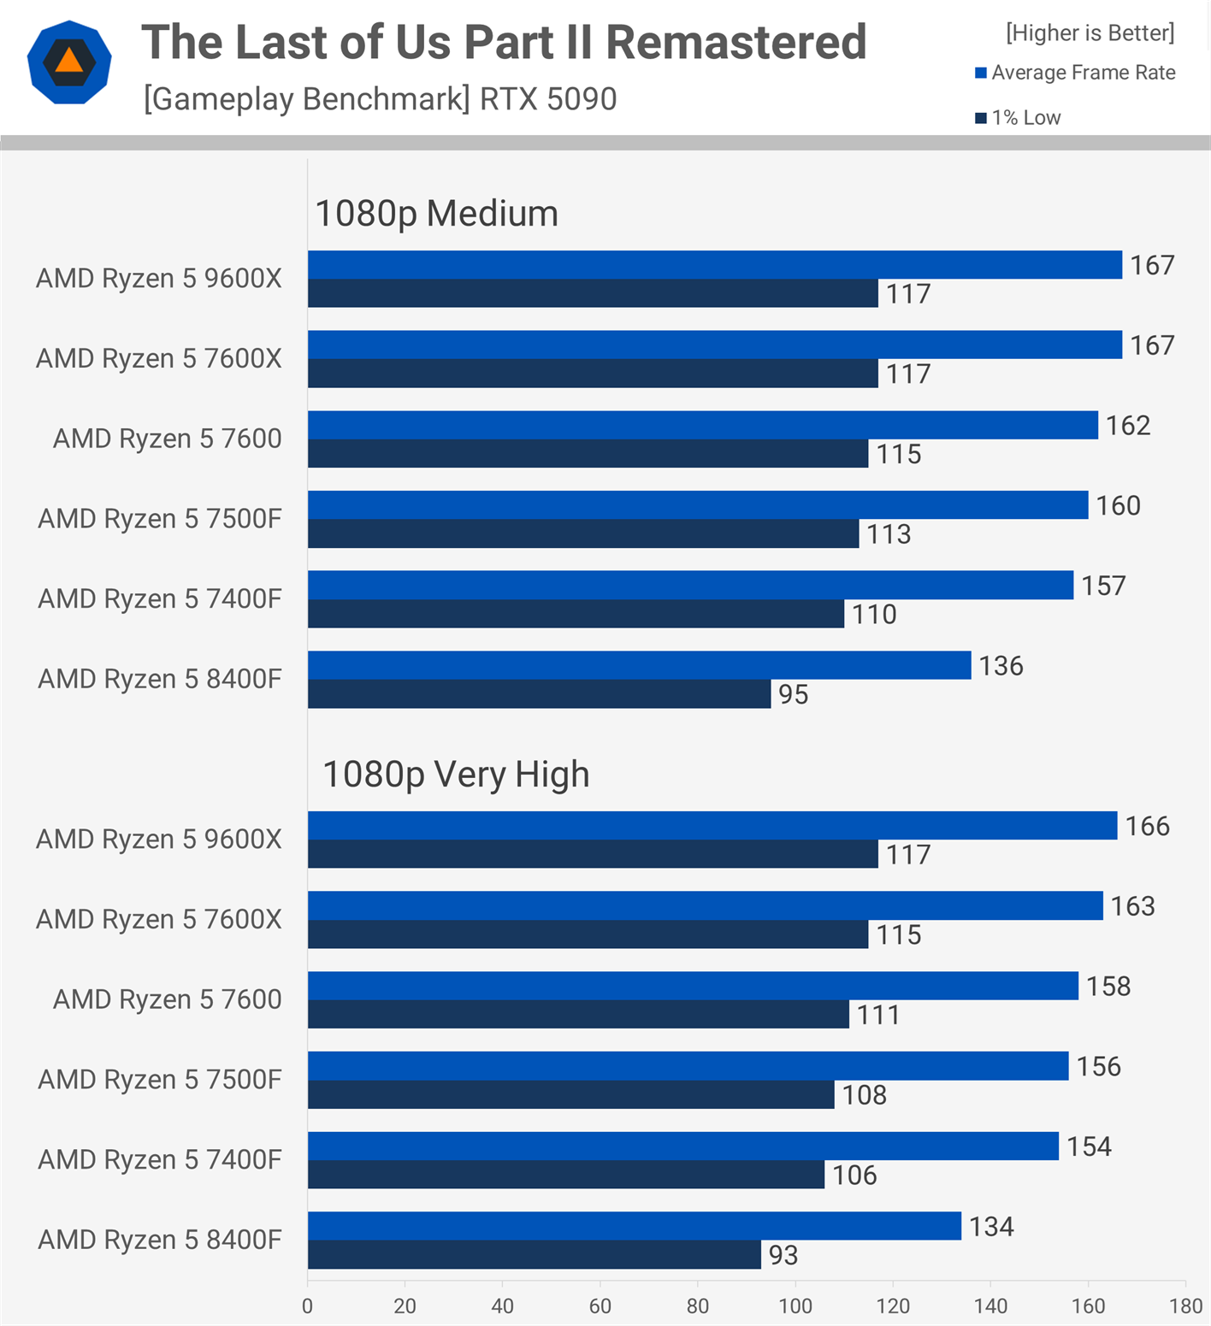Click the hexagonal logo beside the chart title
click(x=69, y=62)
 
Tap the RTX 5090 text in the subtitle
click(x=547, y=99)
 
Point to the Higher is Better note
click(x=1090, y=32)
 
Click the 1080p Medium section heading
click(x=436, y=214)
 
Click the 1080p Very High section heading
click(x=456, y=775)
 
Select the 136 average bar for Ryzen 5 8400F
click(x=639, y=665)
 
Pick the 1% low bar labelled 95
click(x=539, y=694)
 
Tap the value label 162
click(x=1127, y=425)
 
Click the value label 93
click(x=783, y=1255)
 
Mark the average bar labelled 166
click(x=712, y=825)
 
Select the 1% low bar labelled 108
click(x=570, y=1094)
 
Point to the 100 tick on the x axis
click(x=795, y=1306)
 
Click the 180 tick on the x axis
click(x=1185, y=1306)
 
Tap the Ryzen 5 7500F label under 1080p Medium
click(x=159, y=519)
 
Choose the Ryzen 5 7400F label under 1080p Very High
click(x=159, y=1159)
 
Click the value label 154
click(x=1088, y=1146)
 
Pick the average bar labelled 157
click(x=690, y=585)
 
